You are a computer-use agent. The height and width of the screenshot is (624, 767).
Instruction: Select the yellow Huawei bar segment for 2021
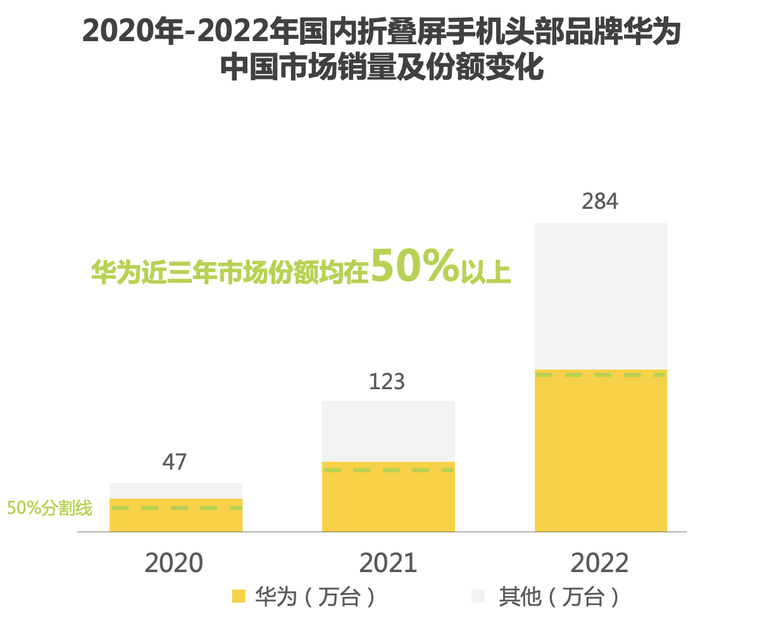388,500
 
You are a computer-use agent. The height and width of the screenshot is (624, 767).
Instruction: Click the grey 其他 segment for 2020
176,490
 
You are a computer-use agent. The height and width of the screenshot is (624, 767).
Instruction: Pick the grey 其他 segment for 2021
388,431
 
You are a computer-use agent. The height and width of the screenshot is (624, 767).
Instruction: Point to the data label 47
175,462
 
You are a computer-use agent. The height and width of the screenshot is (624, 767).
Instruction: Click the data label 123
387,382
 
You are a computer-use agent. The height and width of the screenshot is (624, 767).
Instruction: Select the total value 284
600,202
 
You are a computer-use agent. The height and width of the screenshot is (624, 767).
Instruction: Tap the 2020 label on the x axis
174,563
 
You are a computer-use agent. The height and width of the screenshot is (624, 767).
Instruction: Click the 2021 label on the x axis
388,563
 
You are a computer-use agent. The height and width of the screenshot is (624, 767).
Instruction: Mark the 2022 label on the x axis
600,563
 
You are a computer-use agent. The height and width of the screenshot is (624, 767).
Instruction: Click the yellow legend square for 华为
239,596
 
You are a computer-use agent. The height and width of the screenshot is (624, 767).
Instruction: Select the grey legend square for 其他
478,596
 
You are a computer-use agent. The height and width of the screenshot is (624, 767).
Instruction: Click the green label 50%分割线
49,508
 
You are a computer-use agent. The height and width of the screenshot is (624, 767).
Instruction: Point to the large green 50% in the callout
415,266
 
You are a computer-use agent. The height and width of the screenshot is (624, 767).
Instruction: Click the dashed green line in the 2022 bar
601,375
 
